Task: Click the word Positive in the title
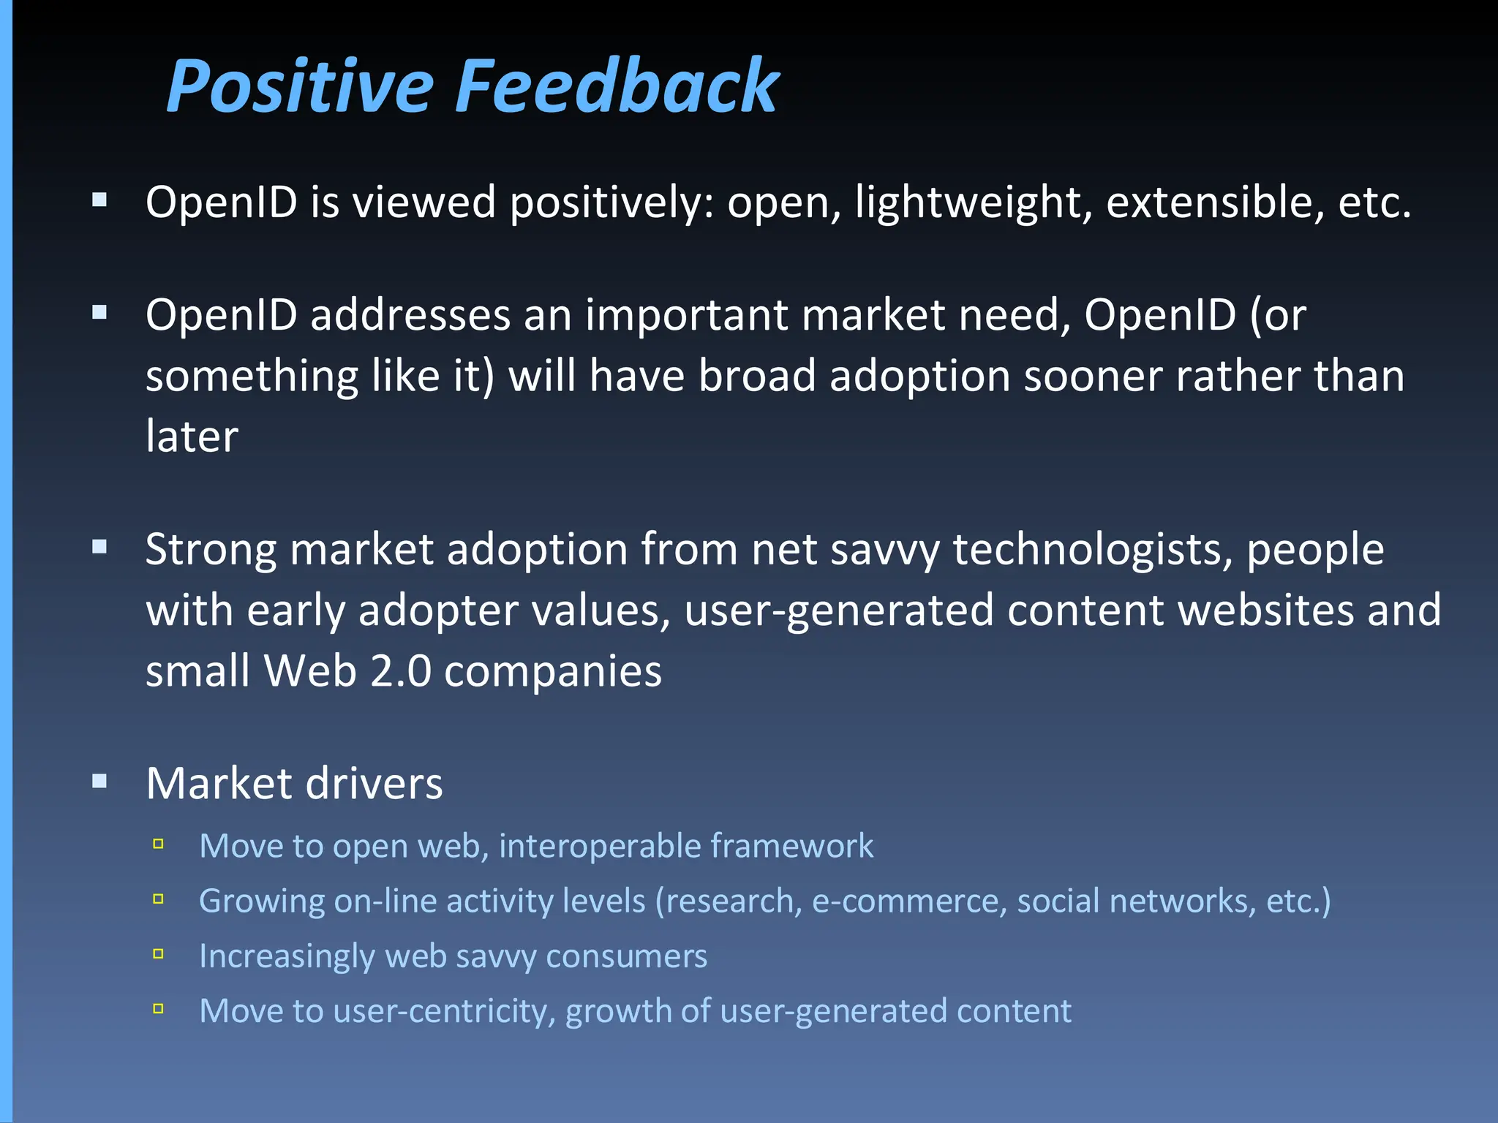tap(300, 88)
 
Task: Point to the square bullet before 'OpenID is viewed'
tap(100, 200)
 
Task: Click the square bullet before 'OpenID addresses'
tap(100, 313)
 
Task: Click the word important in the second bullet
tap(686, 316)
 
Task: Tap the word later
tap(192, 437)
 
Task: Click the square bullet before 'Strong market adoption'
tap(100, 547)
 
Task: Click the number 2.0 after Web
tap(400, 671)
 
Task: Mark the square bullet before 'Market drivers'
tap(100, 782)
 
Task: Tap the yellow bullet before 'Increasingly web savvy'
tap(158, 954)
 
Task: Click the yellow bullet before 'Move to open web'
tap(158, 844)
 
